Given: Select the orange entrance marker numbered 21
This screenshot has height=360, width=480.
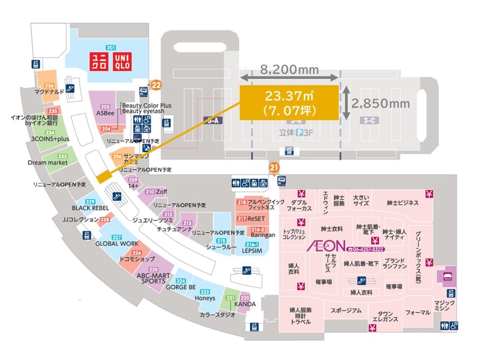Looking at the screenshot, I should tap(274, 168).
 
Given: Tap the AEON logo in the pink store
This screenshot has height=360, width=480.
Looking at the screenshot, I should tap(325, 246).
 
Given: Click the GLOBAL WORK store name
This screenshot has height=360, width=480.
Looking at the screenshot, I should tap(117, 244).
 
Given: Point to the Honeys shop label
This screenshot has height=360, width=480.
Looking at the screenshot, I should tap(205, 298).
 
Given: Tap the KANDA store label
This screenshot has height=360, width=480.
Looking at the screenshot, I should tap(245, 304).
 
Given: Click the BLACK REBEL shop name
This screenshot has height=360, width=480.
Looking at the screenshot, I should tap(90, 208).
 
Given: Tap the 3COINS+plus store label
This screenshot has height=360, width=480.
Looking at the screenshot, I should tap(50, 139).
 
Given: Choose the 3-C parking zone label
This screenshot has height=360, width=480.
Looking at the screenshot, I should tap(370, 121).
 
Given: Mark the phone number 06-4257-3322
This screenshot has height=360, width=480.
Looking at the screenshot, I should tap(366, 249).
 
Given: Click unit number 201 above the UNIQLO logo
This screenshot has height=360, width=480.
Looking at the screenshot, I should tap(111, 48).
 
